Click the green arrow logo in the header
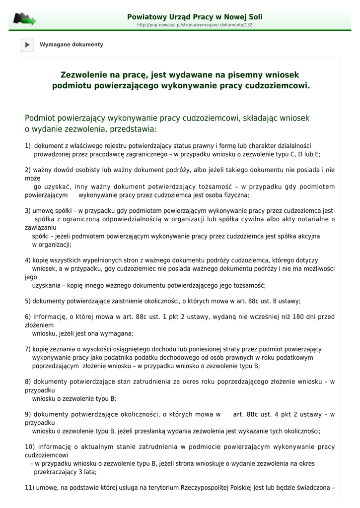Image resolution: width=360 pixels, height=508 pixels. (x=24, y=19)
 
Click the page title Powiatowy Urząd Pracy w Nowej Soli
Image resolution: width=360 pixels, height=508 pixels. (x=195, y=17)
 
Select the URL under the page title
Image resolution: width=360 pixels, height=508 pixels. (x=195, y=25)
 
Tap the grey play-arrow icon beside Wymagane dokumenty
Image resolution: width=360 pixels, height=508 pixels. (x=27, y=45)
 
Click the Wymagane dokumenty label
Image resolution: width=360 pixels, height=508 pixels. (x=72, y=45)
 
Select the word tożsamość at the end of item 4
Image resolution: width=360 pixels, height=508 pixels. (x=248, y=285)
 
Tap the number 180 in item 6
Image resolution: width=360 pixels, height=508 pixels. (x=296, y=317)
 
